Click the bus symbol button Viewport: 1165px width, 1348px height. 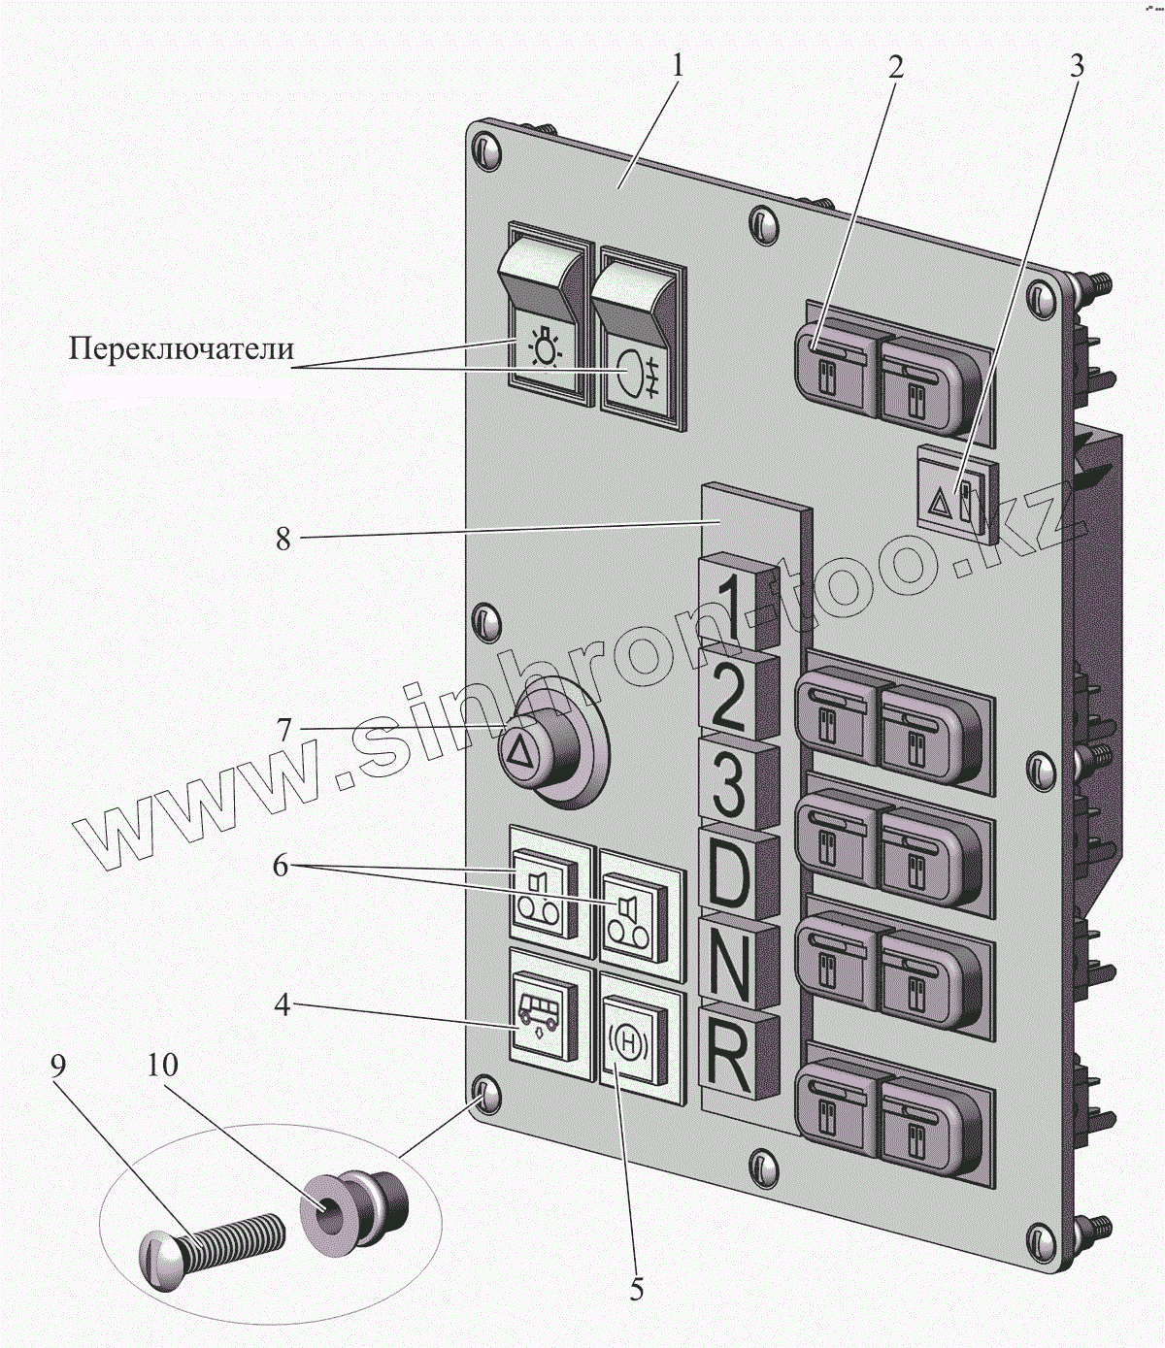pyautogui.click(x=544, y=1017)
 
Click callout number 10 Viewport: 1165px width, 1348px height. pyautogui.click(x=163, y=1066)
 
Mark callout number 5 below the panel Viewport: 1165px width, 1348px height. pyautogui.click(x=637, y=1290)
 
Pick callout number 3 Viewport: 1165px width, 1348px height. pyautogui.click(x=1076, y=66)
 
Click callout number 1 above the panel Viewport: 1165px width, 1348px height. pyautogui.click(x=678, y=66)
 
